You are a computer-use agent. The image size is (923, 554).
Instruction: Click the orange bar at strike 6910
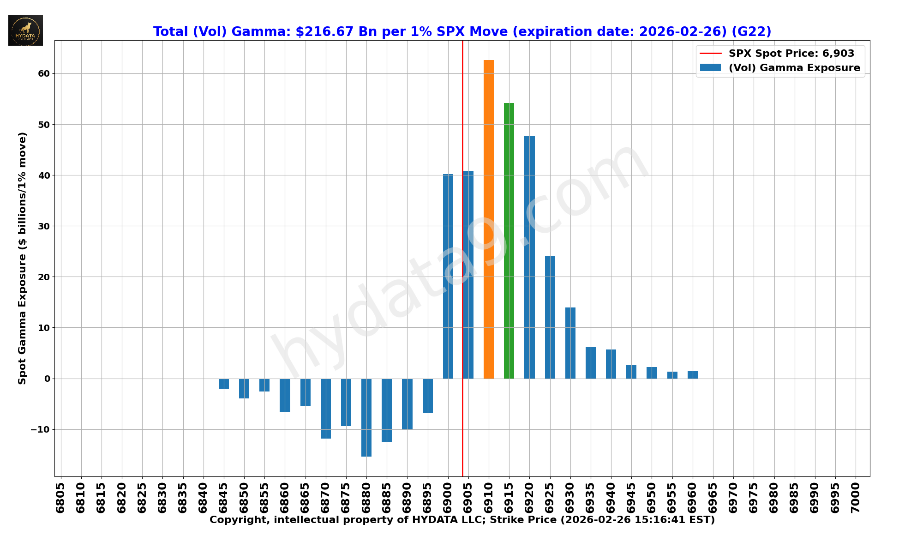[x=489, y=219]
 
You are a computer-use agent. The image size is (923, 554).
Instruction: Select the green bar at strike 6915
[x=509, y=241]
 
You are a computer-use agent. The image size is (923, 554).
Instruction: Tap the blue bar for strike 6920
[x=529, y=257]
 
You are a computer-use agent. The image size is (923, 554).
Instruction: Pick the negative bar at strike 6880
[x=366, y=417]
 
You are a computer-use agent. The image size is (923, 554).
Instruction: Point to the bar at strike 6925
[x=550, y=317]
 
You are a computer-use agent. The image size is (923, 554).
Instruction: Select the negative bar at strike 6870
[x=326, y=409]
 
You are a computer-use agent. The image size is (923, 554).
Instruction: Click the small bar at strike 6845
[x=224, y=384]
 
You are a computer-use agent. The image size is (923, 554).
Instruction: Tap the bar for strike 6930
[x=570, y=343]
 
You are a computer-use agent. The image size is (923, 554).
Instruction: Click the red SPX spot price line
[x=462, y=138]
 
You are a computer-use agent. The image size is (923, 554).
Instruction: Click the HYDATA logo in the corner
[x=25, y=30]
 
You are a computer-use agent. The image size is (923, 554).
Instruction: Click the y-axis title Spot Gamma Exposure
[x=22, y=258]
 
